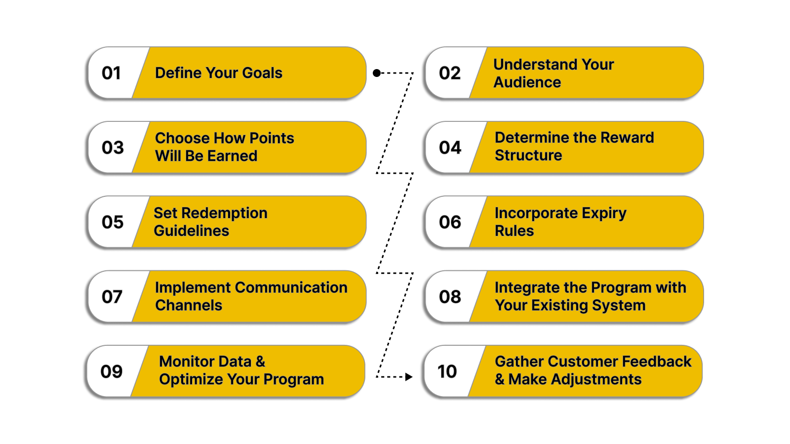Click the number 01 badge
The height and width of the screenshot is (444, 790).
click(x=111, y=73)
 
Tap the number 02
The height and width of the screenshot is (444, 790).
click(x=449, y=73)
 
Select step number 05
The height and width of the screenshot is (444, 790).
click(x=113, y=222)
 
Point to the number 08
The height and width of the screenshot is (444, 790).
click(x=450, y=296)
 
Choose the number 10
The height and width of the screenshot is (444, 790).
click(x=447, y=371)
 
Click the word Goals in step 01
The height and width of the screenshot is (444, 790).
click(x=262, y=73)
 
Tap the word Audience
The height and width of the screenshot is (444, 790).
click(x=527, y=82)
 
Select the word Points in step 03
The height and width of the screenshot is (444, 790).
click(x=272, y=138)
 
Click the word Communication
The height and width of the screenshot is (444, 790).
click(x=291, y=288)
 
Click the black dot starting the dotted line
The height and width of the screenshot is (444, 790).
click(x=377, y=73)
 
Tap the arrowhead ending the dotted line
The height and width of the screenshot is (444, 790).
click(x=408, y=377)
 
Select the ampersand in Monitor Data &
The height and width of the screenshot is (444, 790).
click(x=260, y=362)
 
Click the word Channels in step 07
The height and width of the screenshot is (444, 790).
click(x=189, y=305)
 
